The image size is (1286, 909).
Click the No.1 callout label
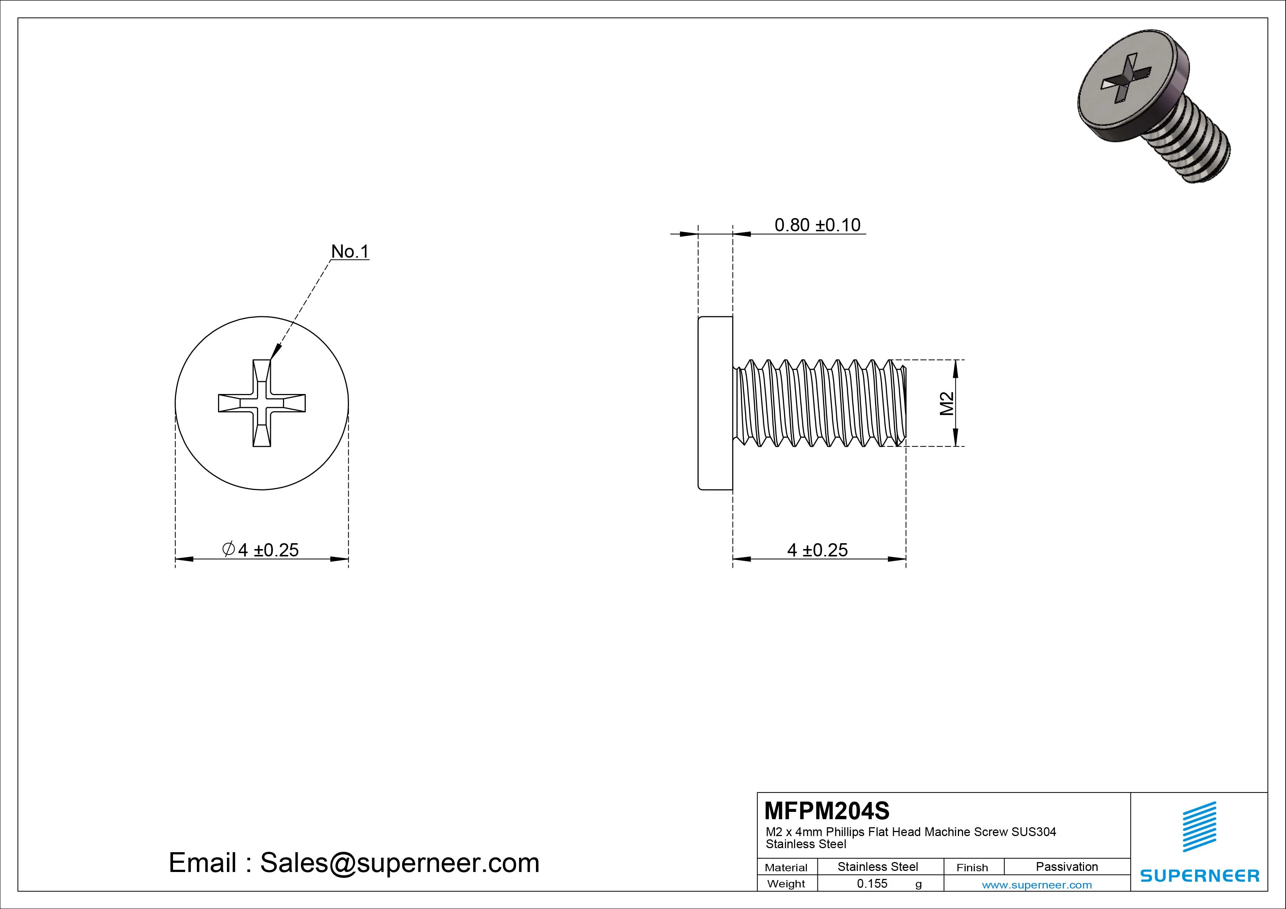pos(350,251)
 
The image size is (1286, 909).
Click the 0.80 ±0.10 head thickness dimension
pos(817,225)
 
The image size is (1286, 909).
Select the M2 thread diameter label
pos(947,403)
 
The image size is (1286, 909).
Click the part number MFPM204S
pos(826,810)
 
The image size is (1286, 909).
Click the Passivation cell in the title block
pos(1066,866)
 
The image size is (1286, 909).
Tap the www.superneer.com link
pos(1036,885)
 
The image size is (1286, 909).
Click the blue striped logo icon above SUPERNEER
pos(1199,826)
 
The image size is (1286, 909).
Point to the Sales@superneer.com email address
pos(399,862)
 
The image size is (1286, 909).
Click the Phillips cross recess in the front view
pos(262,403)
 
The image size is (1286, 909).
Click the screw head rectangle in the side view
pos(715,403)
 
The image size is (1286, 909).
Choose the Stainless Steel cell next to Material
pos(877,866)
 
